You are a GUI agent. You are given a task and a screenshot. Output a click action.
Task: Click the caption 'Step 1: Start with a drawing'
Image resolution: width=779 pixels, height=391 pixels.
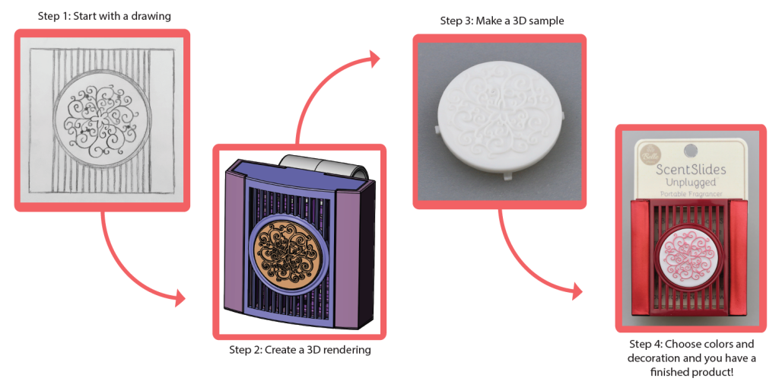[104, 16]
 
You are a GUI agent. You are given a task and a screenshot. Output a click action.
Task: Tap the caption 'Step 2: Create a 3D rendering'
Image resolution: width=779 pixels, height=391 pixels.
[300, 350]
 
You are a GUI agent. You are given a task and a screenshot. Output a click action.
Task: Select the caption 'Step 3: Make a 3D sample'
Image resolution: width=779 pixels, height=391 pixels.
[502, 21]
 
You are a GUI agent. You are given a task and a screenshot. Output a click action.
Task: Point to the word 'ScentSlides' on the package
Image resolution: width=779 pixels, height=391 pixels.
[691, 170]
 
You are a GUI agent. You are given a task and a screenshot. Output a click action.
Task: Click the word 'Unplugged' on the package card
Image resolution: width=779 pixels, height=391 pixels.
[691, 183]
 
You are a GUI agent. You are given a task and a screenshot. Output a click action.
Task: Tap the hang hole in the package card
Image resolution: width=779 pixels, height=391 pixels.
[689, 150]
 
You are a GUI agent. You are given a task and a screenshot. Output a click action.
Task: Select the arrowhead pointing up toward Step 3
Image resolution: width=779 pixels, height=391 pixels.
[372, 59]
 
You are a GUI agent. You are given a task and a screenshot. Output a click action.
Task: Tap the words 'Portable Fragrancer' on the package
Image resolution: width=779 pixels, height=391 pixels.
[691, 194]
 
